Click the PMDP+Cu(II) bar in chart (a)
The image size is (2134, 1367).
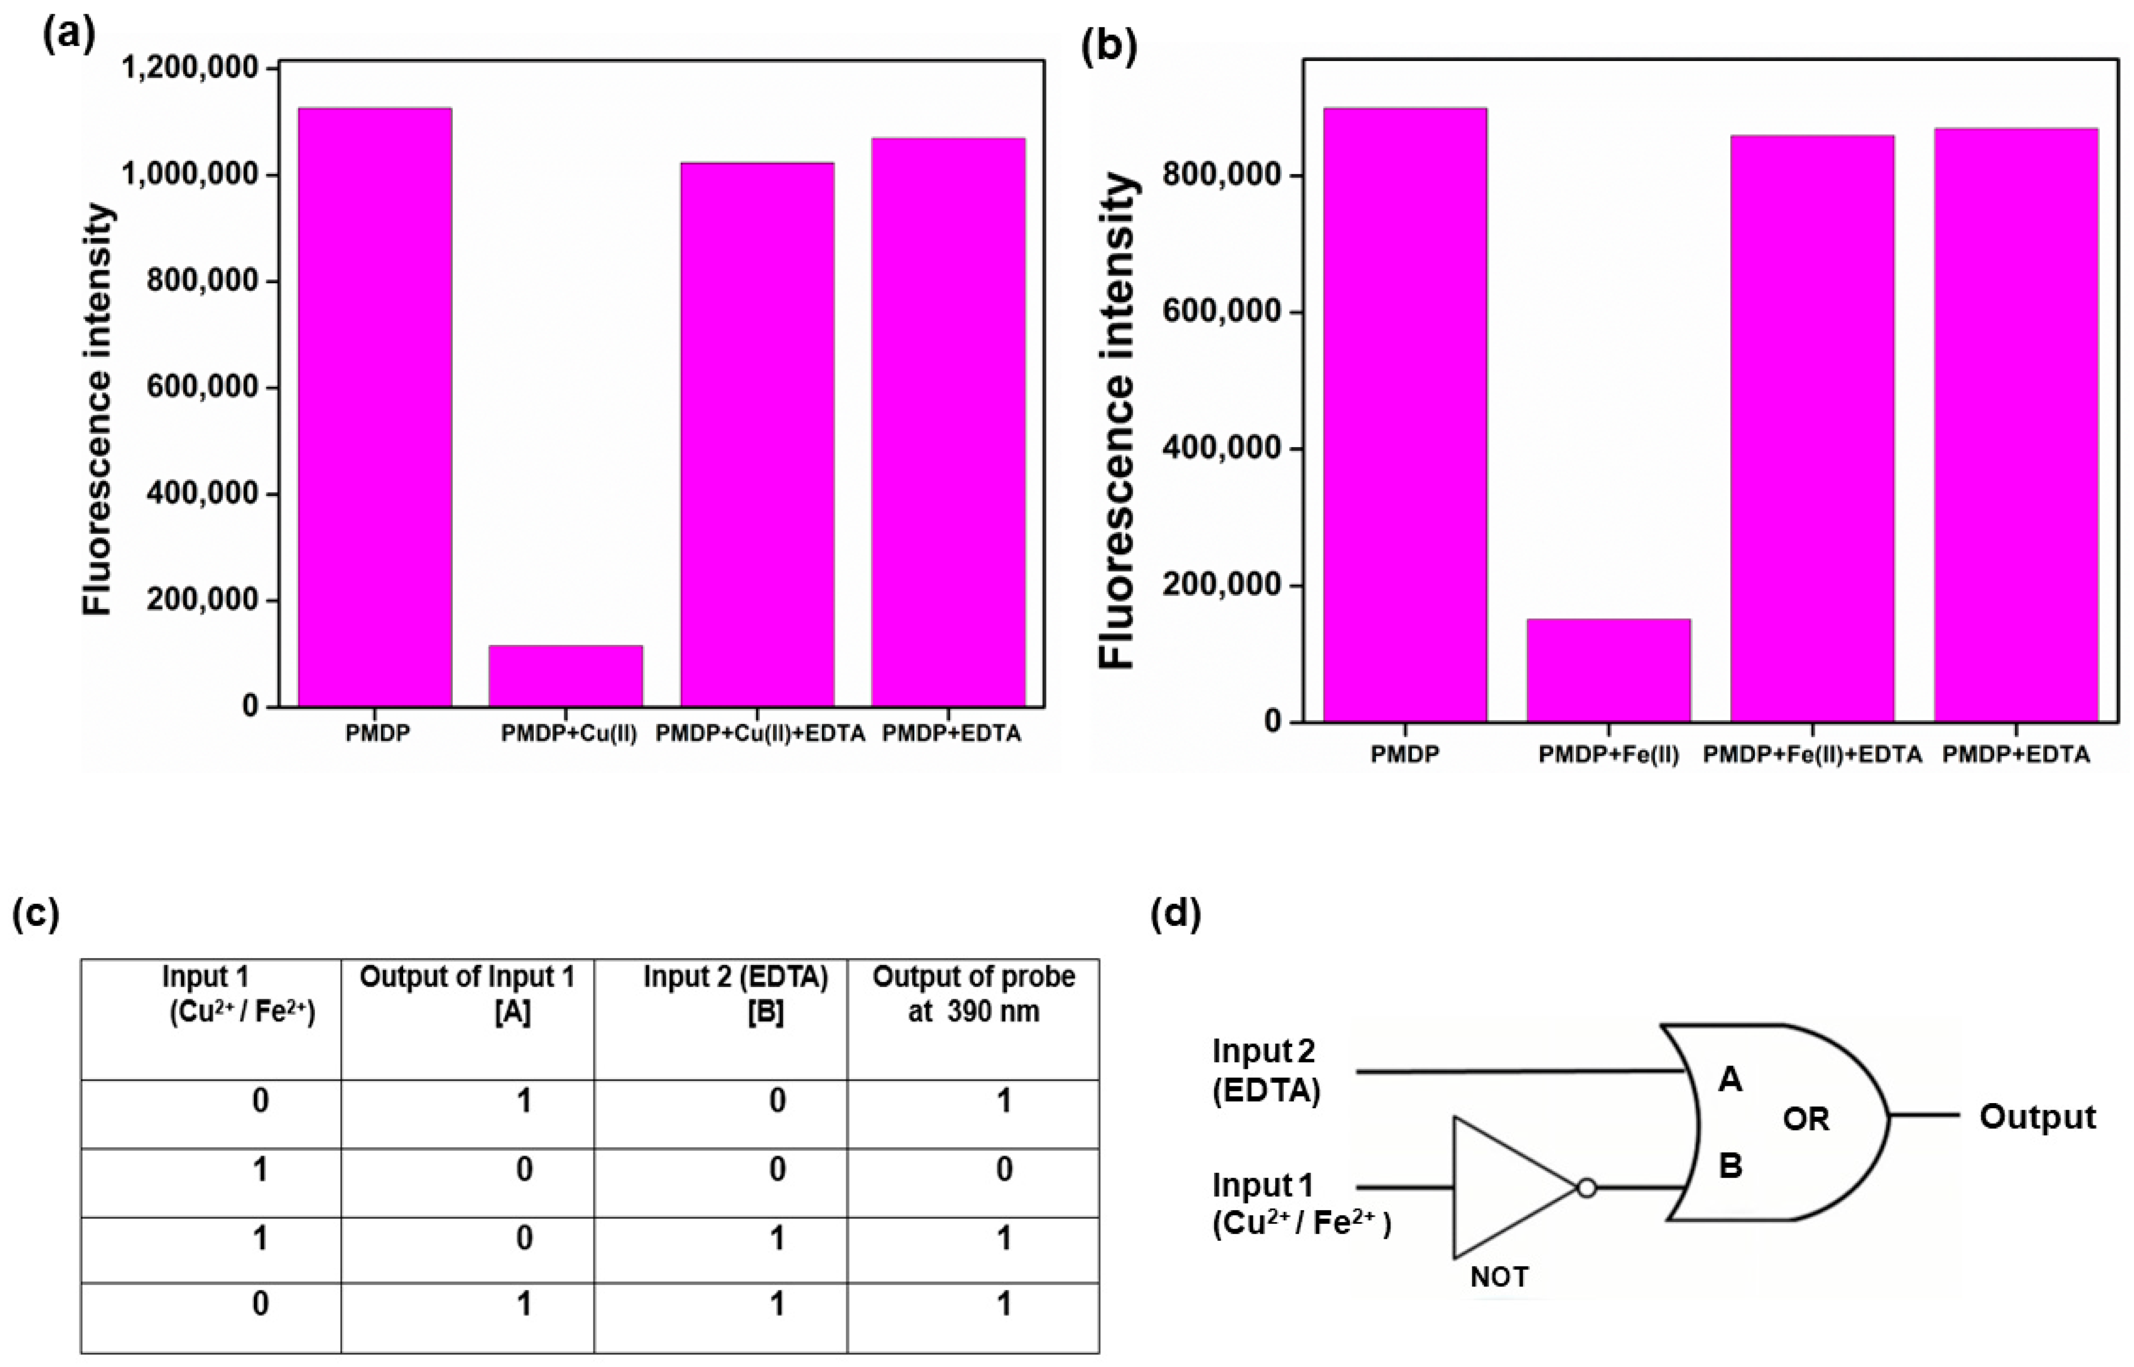click(x=566, y=676)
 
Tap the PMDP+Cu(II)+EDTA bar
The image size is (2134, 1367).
click(x=757, y=435)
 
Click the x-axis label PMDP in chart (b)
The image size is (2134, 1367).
click(x=1404, y=754)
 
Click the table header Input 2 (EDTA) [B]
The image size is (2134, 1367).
click(x=736, y=994)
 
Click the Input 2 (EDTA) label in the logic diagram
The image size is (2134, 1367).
click(x=1265, y=1070)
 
